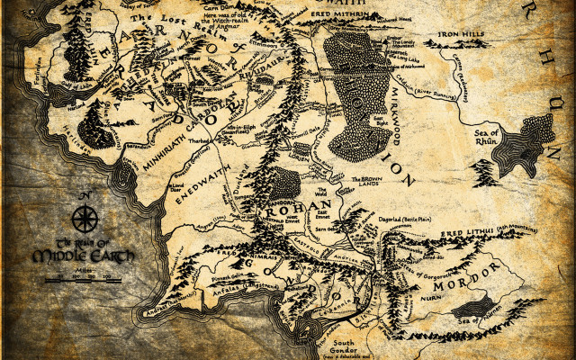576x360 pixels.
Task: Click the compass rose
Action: [85, 218]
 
